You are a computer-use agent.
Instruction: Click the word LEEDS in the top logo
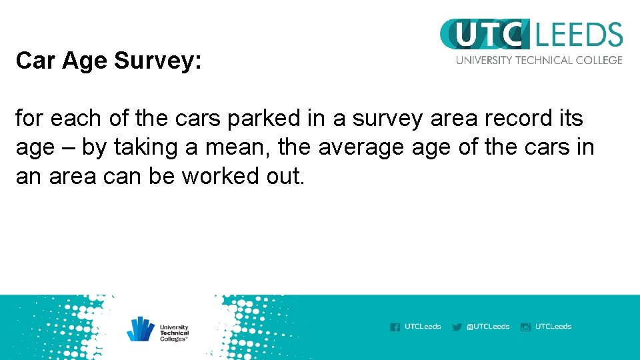pos(578,35)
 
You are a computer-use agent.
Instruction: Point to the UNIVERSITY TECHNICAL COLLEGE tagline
pos(539,60)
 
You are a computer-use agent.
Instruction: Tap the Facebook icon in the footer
pos(395,327)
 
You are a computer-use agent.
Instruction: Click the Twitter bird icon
pos(457,327)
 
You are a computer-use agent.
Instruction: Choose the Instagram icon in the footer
pos(525,327)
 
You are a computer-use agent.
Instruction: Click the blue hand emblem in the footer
pos(141,329)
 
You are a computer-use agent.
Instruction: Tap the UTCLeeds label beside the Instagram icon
pos(553,327)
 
